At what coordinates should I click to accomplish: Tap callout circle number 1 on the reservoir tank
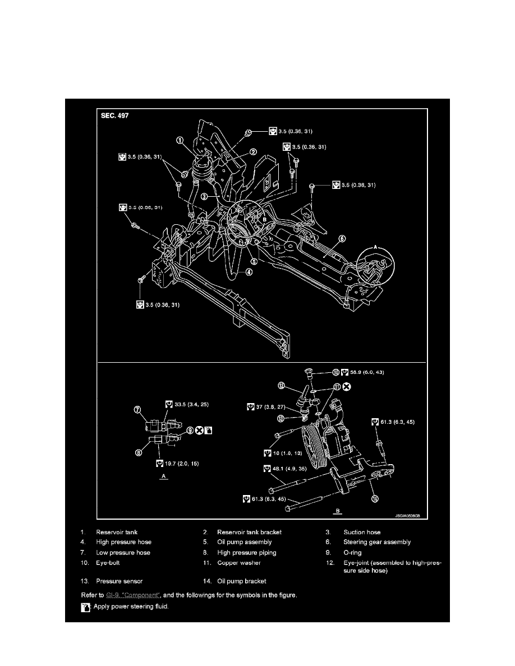click(x=180, y=141)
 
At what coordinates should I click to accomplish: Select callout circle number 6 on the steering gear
click(x=342, y=238)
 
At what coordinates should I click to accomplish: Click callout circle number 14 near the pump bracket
click(x=374, y=497)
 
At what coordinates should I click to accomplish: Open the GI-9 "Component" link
click(x=134, y=595)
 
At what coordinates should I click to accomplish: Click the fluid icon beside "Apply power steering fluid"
click(x=85, y=607)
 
